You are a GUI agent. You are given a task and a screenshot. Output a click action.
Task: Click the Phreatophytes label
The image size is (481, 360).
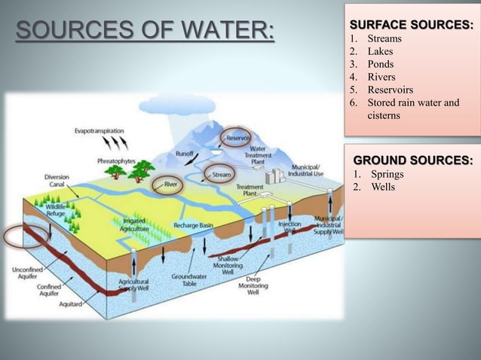(x=117, y=160)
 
